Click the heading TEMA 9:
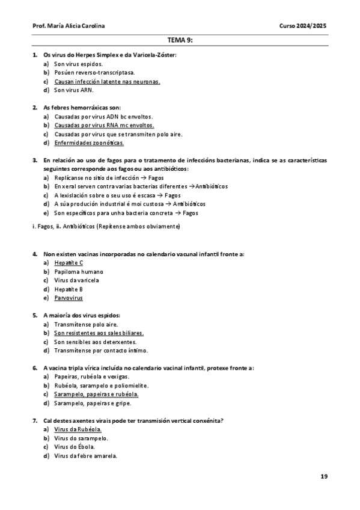180,41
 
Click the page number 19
324,476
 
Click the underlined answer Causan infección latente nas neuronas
107,81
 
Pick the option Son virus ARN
74,90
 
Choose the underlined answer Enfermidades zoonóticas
89,143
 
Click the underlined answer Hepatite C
69,263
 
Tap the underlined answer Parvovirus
69,298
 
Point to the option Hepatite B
69,289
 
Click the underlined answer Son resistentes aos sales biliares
99,333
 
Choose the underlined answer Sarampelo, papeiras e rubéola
96,395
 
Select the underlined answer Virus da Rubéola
78,429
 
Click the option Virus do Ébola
75,447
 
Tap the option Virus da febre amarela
85,456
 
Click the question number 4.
35,254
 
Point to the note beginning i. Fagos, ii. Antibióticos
106,226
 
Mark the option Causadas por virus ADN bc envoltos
103,117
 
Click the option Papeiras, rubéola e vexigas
91,376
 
